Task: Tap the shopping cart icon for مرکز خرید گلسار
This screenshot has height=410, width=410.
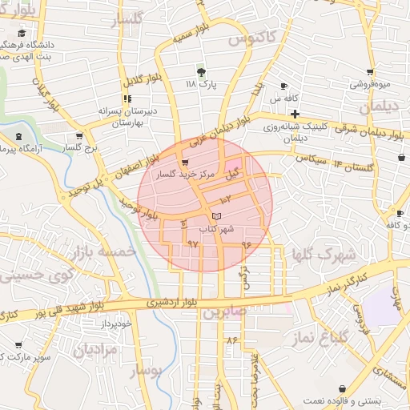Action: click(186, 160)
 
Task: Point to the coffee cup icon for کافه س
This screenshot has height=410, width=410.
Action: click(284, 86)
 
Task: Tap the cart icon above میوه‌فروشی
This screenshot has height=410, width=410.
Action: click(370, 71)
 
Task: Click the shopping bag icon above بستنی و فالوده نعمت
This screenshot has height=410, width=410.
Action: click(344, 386)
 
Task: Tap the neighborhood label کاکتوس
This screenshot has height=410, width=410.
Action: click(252, 37)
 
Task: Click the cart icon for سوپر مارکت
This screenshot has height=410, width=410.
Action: click(18, 345)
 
